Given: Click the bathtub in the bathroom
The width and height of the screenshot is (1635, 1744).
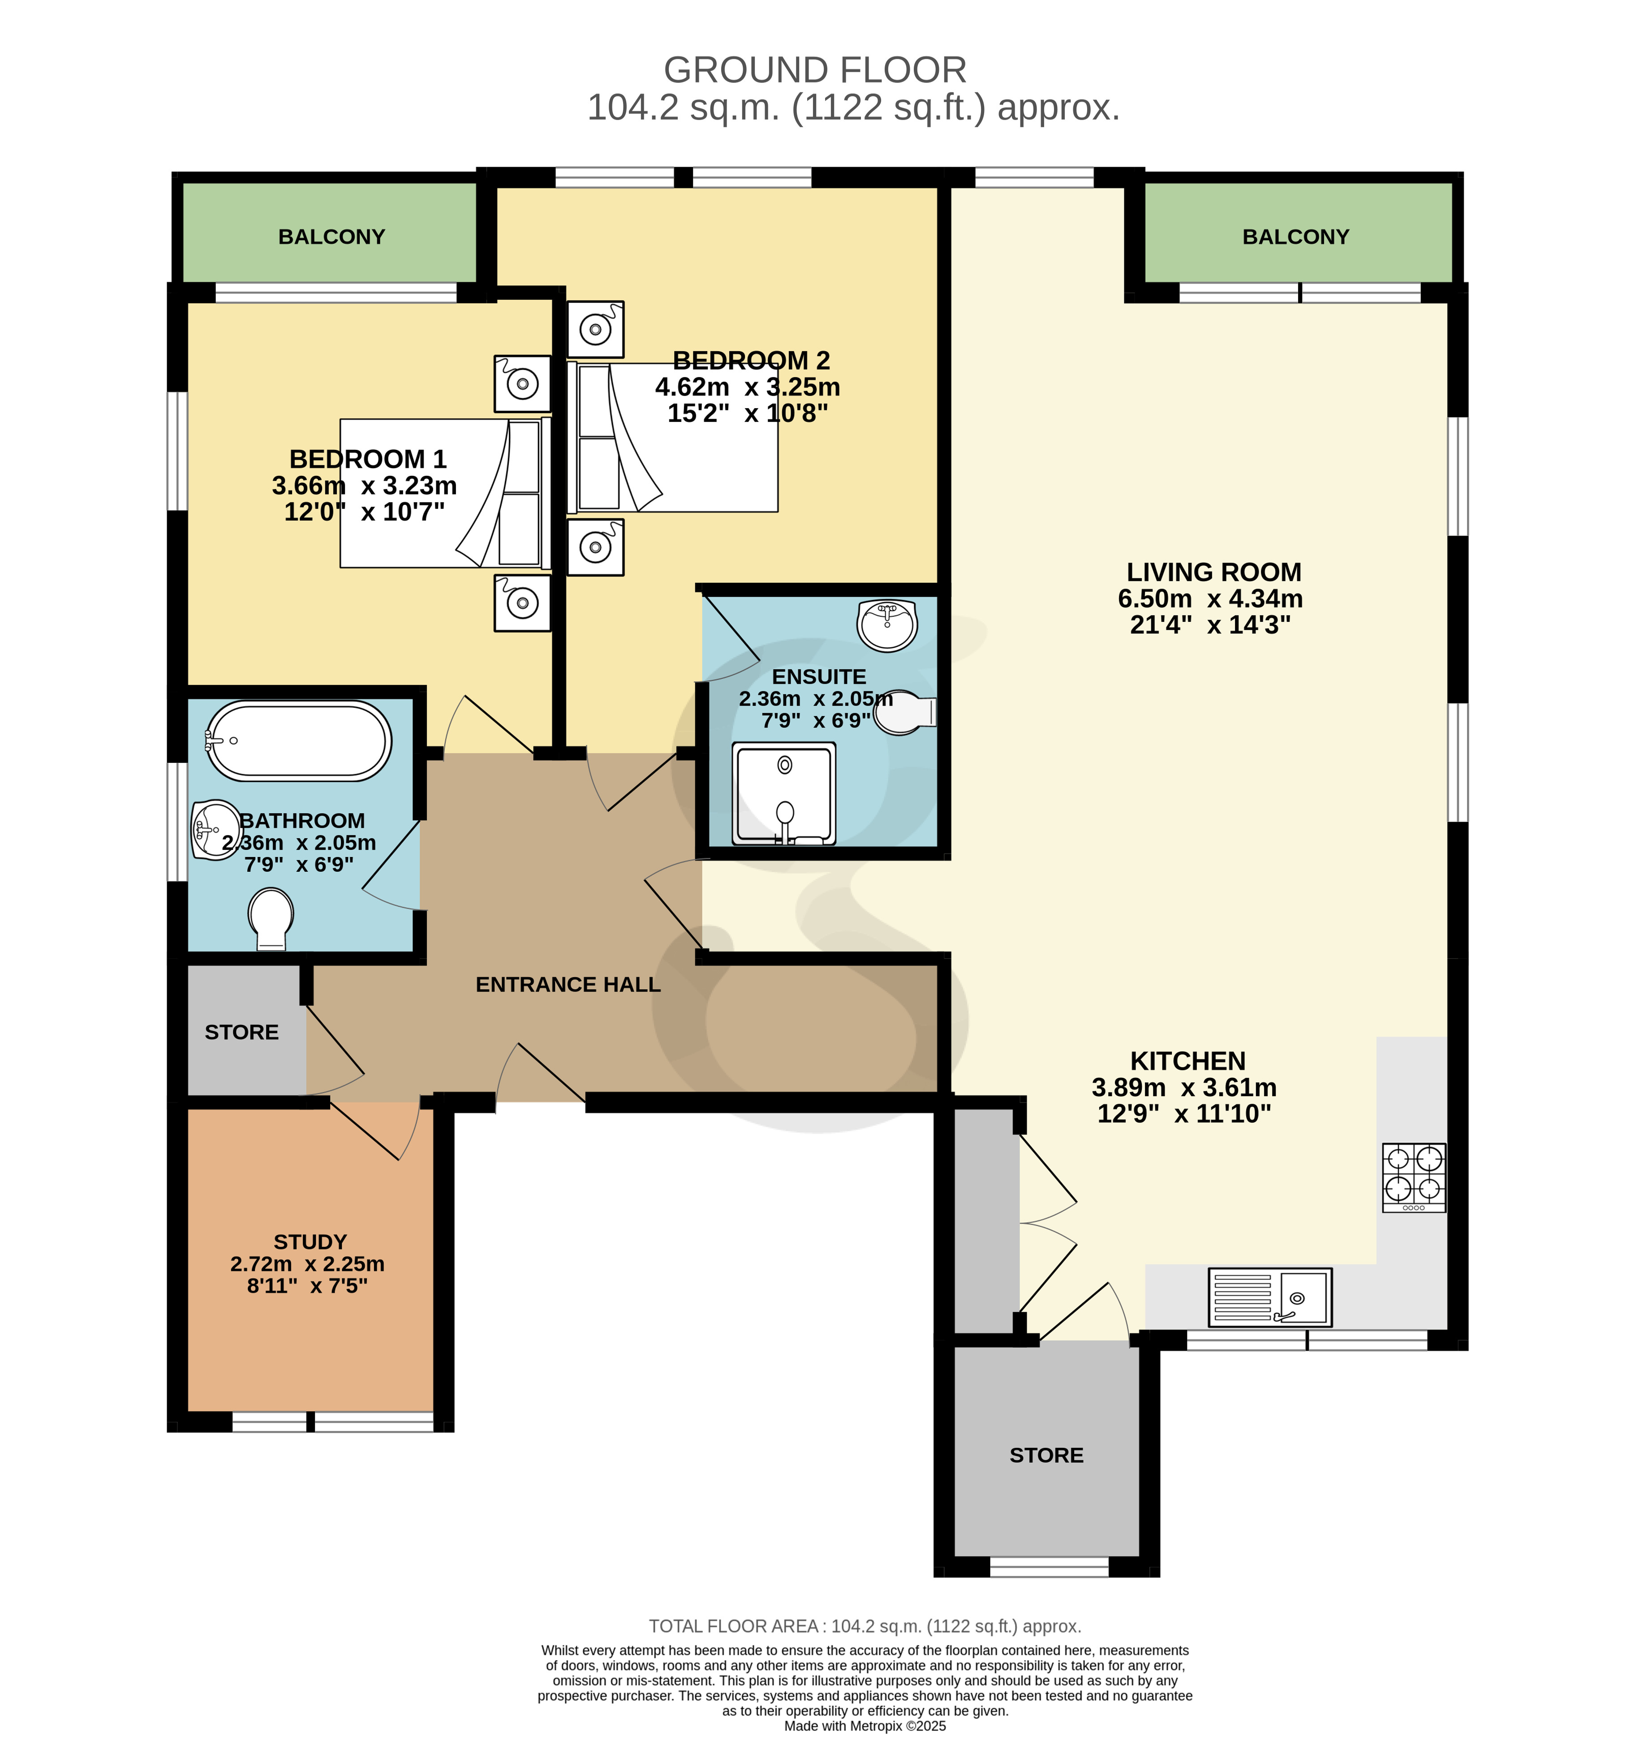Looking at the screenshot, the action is pyautogui.click(x=298, y=741).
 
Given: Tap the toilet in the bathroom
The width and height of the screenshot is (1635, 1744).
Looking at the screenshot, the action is pyautogui.click(x=271, y=918).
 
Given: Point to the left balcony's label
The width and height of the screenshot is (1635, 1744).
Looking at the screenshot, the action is pyautogui.click(x=331, y=237).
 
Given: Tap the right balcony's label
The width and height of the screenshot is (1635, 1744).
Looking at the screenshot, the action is pyautogui.click(x=1295, y=237).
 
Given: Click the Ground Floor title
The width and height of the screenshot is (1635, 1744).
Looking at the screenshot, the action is pyautogui.click(x=815, y=70).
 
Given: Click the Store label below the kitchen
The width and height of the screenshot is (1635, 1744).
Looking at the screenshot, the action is pyautogui.click(x=1046, y=1455).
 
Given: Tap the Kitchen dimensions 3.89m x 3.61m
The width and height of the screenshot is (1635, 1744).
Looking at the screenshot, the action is pyautogui.click(x=1184, y=1088).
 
